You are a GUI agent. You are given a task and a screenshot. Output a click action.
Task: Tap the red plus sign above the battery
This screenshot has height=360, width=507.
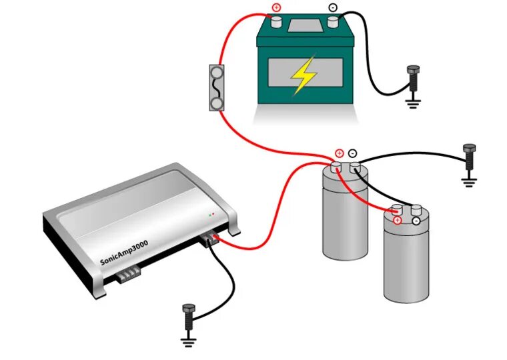pyautogui.click(x=276, y=8)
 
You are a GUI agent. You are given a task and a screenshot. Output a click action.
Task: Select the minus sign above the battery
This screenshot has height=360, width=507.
pyautogui.click(x=332, y=8)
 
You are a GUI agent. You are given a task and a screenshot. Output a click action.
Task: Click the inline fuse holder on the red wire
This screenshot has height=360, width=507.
pyautogui.click(x=216, y=87)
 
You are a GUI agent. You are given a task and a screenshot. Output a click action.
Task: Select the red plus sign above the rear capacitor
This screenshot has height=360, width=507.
pyautogui.click(x=339, y=153)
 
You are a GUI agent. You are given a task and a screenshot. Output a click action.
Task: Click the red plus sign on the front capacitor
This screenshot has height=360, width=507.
pyautogui.click(x=398, y=220)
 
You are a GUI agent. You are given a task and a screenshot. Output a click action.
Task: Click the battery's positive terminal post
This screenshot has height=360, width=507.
pyautogui.click(x=276, y=22)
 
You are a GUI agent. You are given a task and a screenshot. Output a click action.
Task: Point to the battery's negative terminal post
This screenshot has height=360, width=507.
pyautogui.click(x=332, y=22)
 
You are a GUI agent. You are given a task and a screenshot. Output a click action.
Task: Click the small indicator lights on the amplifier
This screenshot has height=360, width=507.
pyautogui.click(x=211, y=215)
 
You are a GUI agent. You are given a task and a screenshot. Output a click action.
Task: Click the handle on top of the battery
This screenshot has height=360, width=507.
pyautogui.click(x=304, y=25)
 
